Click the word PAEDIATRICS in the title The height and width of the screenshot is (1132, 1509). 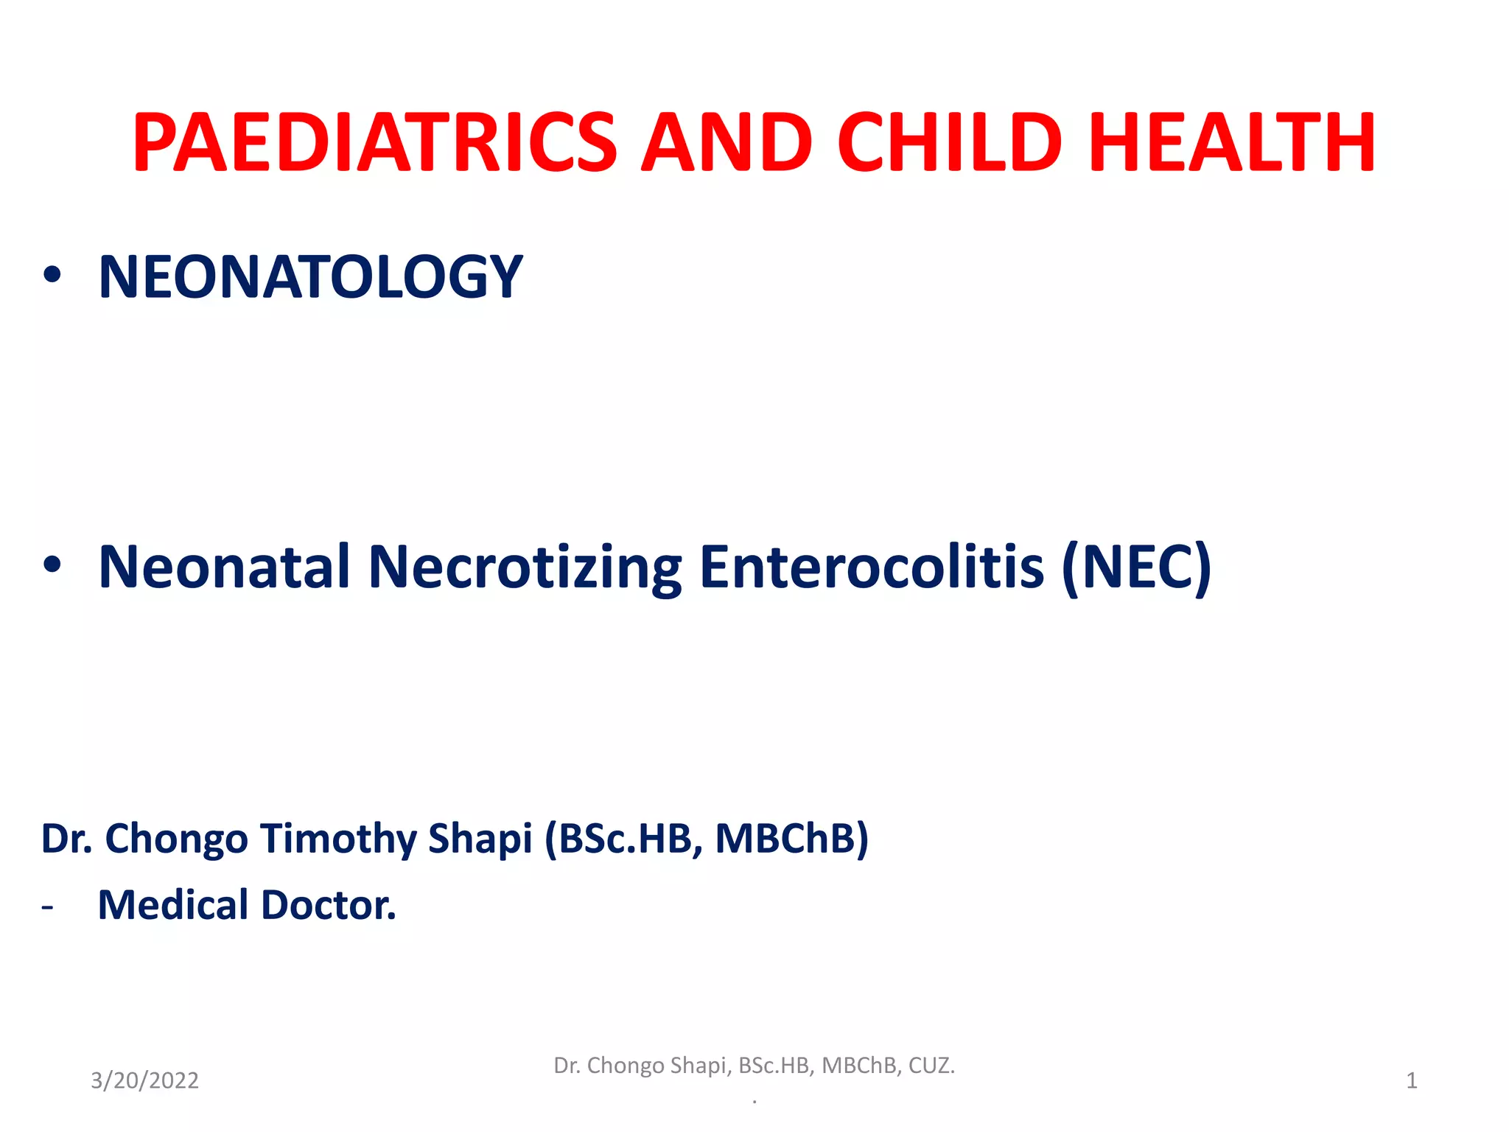(x=374, y=143)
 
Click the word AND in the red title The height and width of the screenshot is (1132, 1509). (x=727, y=143)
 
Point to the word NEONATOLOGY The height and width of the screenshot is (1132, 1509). (x=310, y=277)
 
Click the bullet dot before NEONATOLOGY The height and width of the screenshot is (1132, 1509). (x=52, y=275)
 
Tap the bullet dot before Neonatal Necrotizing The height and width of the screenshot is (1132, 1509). (x=52, y=565)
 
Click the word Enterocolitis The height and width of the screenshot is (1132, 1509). (x=872, y=567)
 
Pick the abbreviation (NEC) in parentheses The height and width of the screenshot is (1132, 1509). (x=1136, y=567)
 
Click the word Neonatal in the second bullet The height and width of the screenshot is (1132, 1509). (x=224, y=567)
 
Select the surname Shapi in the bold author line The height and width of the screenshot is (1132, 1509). (x=480, y=839)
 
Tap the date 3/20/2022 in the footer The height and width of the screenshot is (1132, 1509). (x=144, y=1080)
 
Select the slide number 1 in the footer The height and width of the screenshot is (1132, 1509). (x=1411, y=1080)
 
